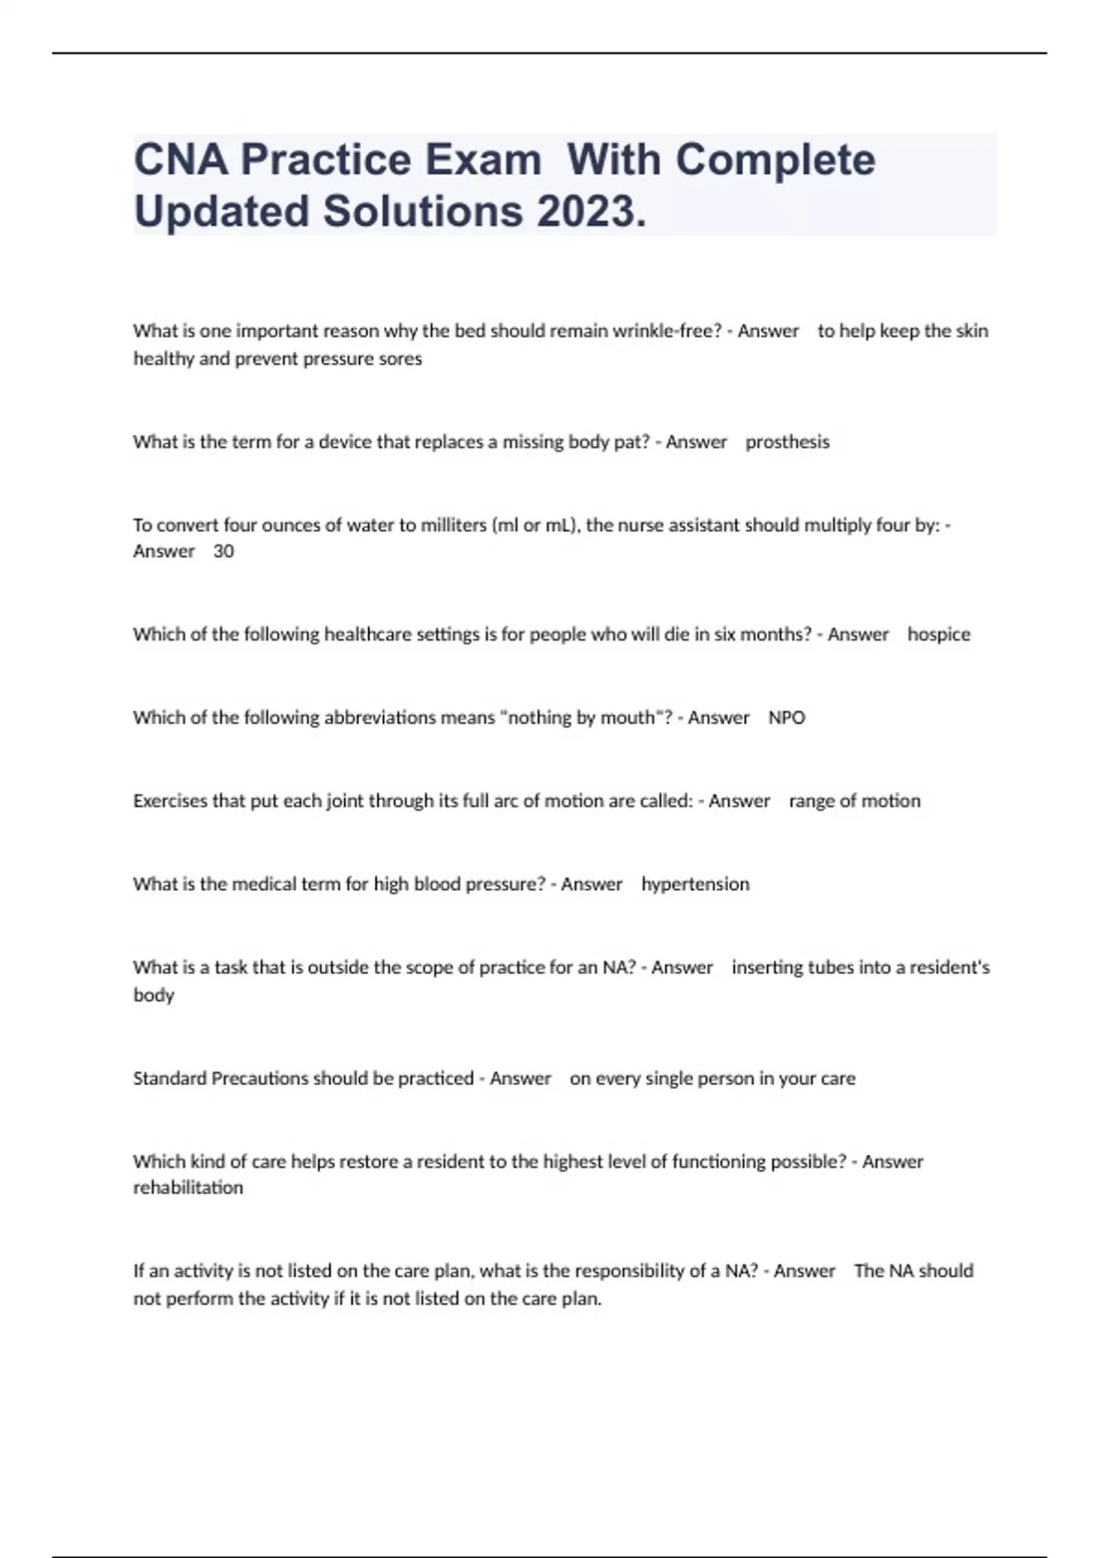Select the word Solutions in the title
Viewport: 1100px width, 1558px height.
click(422, 211)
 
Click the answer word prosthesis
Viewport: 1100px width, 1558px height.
click(787, 442)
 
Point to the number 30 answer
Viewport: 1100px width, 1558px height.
click(224, 551)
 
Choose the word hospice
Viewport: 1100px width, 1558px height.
click(939, 634)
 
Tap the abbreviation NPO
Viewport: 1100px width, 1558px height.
click(786, 718)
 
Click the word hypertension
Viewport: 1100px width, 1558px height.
click(695, 884)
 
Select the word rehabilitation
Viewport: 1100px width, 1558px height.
click(188, 1188)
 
